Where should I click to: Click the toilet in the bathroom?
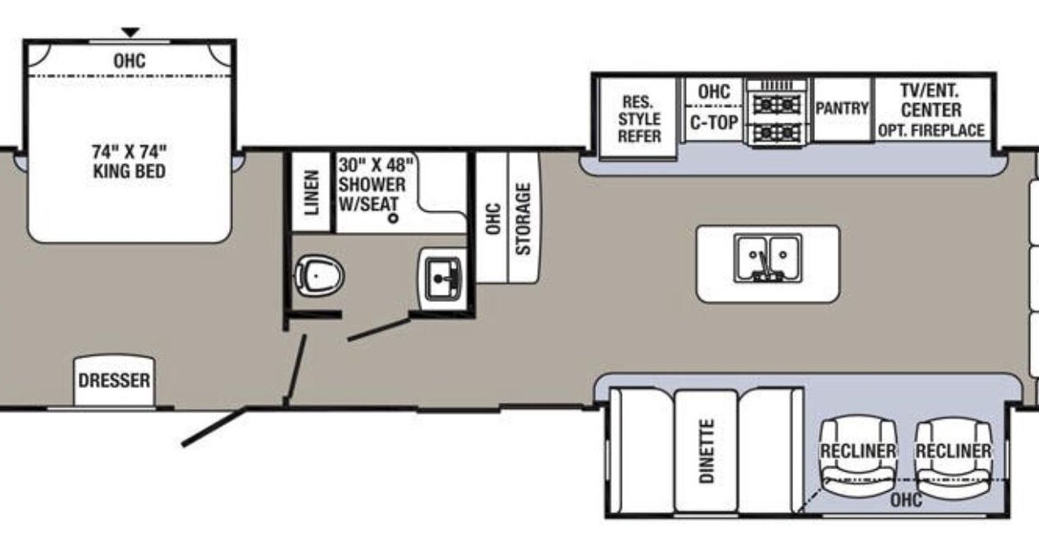[319, 275]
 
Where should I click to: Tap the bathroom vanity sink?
[442, 278]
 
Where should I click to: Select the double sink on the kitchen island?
[768, 258]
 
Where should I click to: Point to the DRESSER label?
[114, 381]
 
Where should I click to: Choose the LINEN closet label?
[312, 192]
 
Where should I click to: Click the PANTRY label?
[842, 108]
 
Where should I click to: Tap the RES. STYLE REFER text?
[639, 119]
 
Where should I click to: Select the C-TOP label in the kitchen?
[714, 123]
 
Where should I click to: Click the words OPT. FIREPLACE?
[931, 131]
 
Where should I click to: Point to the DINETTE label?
[706, 451]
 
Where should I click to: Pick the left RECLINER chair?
[858, 456]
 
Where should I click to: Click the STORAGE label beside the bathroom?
[524, 218]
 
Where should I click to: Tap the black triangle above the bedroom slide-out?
[131, 32]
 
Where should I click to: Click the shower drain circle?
[394, 217]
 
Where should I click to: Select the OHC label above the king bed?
[129, 61]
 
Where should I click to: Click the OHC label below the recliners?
[907, 500]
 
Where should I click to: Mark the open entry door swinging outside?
[213, 427]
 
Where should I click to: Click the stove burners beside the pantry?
[778, 119]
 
